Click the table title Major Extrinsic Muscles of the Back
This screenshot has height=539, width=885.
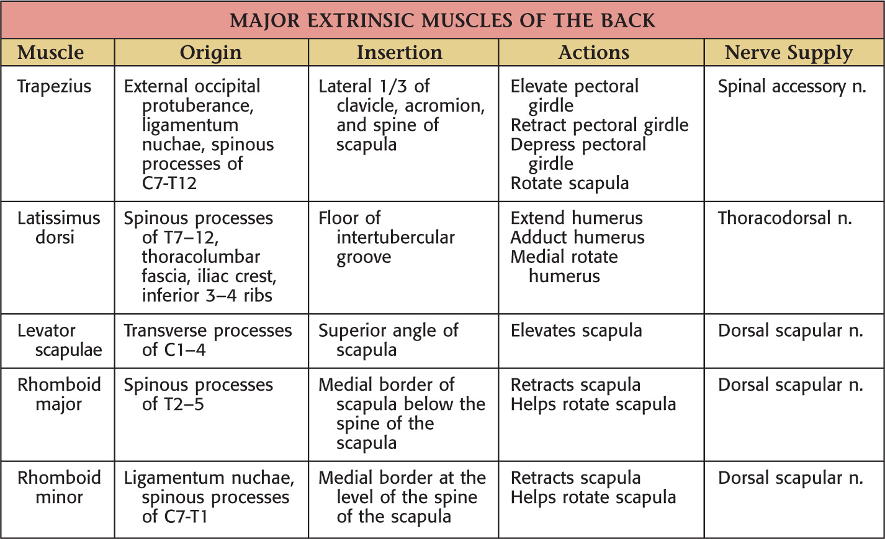pyautogui.click(x=442, y=20)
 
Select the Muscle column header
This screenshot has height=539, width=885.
pyautogui.click(x=51, y=53)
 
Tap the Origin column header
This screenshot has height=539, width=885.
pyautogui.click(x=211, y=53)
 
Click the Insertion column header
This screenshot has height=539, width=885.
pyautogui.click(x=400, y=53)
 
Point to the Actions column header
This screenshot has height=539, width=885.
pyautogui.click(x=594, y=53)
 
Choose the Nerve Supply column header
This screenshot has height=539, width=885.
pyautogui.click(x=789, y=53)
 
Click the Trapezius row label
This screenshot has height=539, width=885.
pyautogui.click(x=54, y=86)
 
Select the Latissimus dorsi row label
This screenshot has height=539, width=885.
pyautogui.click(x=58, y=227)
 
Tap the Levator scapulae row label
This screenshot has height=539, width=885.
pyautogui.click(x=58, y=340)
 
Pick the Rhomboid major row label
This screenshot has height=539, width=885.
pyautogui.click(x=58, y=394)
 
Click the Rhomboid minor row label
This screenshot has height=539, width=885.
pyautogui.click(x=58, y=487)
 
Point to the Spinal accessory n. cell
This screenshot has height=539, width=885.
pyautogui.click(x=791, y=86)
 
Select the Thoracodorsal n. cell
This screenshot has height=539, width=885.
pyautogui.click(x=784, y=218)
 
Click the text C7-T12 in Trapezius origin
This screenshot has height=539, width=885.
pyautogui.click(x=169, y=183)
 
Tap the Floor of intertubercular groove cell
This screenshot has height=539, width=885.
pyautogui.click(x=386, y=237)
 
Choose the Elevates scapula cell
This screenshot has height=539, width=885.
pyautogui.click(x=576, y=331)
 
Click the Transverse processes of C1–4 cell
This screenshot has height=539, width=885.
pyautogui.click(x=207, y=340)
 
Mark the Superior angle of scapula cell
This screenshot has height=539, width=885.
pyautogui.click(x=388, y=340)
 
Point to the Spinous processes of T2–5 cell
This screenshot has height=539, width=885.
pyautogui.click(x=198, y=394)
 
